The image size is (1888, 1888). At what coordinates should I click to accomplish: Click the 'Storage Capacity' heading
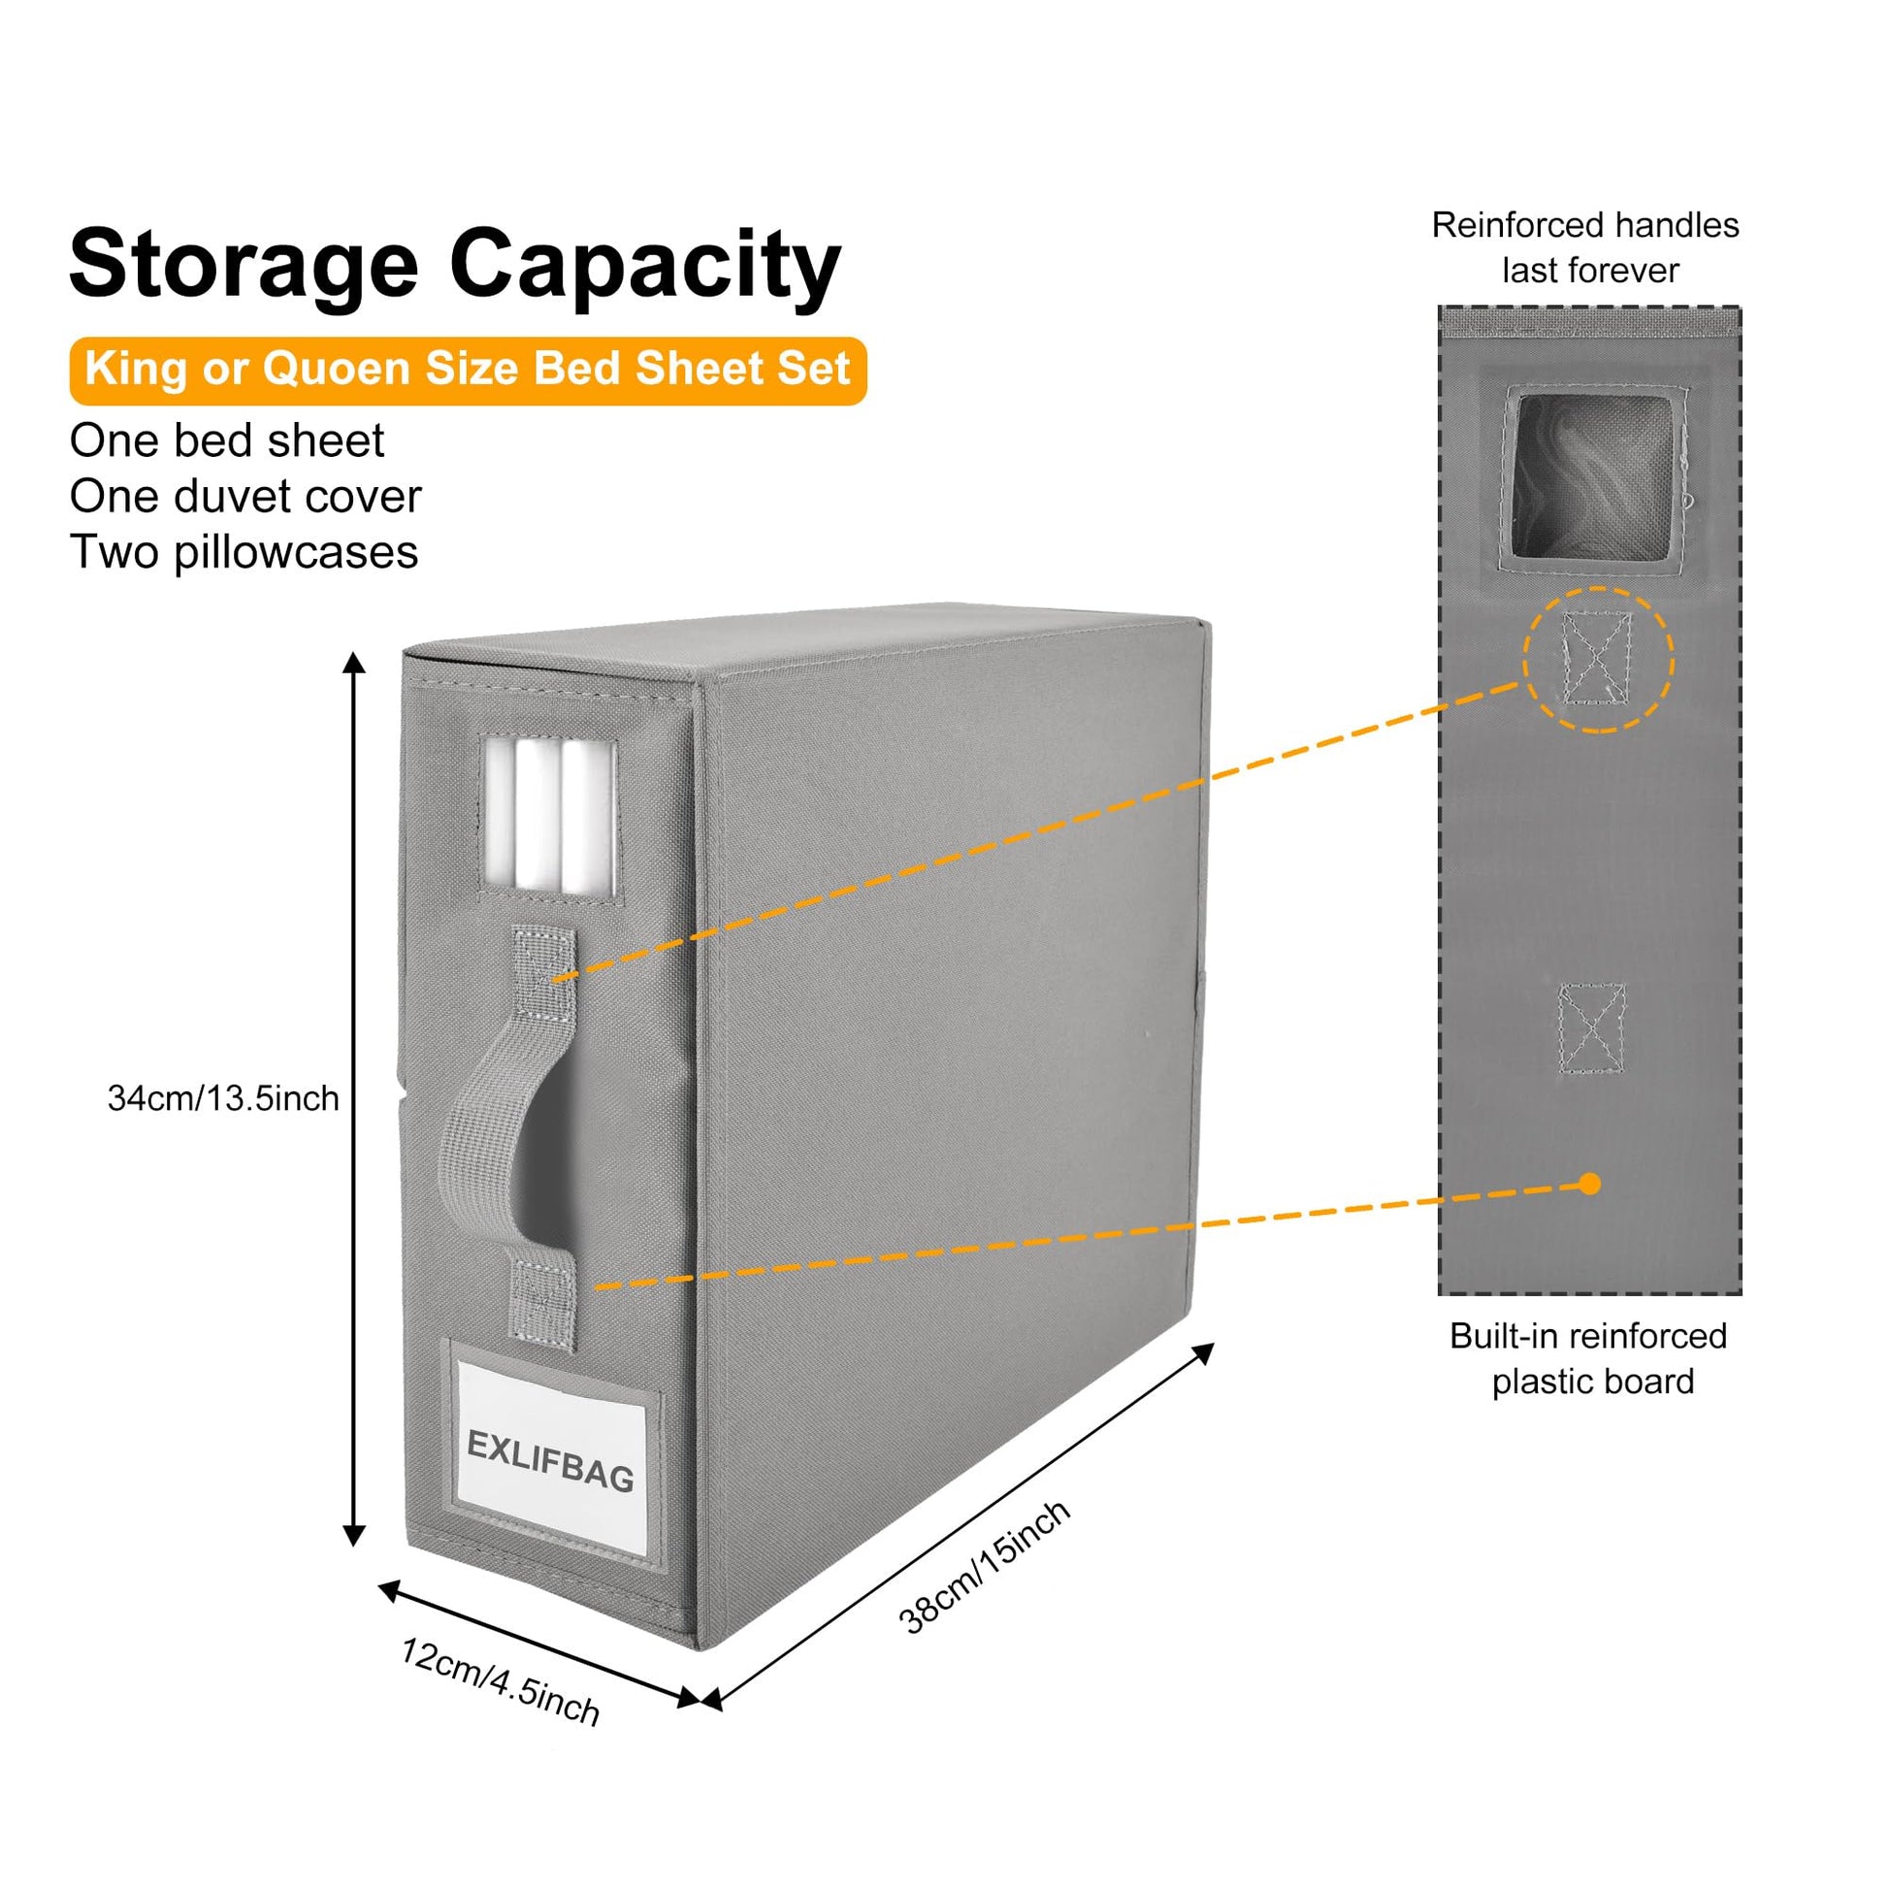455,265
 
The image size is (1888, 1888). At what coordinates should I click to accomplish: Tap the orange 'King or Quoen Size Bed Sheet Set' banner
467,371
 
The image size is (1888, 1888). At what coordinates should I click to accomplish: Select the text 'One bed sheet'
227,440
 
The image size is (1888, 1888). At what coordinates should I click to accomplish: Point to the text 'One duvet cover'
245,497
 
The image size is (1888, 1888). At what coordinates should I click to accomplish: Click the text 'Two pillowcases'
244,552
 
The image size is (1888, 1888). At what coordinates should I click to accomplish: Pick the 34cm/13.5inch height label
223,1098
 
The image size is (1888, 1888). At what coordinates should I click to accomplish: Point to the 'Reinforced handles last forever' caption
1586,247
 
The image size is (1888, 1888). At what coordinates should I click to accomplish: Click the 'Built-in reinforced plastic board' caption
1589,1358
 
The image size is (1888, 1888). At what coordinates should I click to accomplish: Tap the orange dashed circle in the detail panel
1598,660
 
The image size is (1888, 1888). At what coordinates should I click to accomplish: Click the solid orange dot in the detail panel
1590,1185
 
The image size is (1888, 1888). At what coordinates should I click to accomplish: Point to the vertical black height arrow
355,1098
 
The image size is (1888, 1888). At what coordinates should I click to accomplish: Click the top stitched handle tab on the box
545,972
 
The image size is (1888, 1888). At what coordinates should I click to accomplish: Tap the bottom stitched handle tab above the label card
544,1303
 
